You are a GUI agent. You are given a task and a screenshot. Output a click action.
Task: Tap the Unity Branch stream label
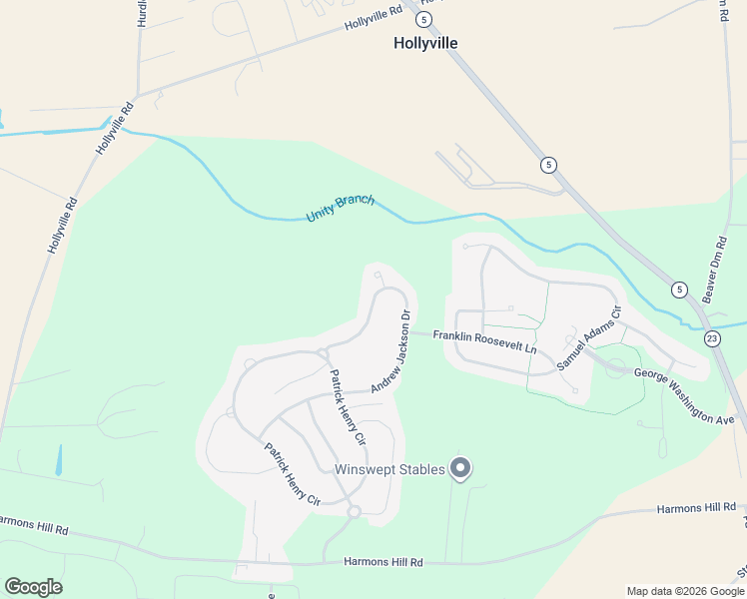click(341, 208)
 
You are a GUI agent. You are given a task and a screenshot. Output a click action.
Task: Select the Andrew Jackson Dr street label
click(390, 351)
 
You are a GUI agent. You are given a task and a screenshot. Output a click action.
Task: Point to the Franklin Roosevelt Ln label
click(484, 342)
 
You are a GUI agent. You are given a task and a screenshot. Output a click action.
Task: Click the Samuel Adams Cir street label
click(589, 338)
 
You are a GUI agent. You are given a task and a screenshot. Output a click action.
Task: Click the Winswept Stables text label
click(389, 470)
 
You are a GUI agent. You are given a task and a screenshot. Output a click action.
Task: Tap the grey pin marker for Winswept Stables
click(460, 467)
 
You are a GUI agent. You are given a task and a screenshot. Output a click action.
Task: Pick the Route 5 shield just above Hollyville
click(424, 19)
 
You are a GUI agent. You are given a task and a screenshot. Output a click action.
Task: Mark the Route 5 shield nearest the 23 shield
click(680, 290)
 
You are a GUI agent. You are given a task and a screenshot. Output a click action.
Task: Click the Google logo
click(33, 587)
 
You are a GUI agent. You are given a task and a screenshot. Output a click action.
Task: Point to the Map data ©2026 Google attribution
click(685, 591)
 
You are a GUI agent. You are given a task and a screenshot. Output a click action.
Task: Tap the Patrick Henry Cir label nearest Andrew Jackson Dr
click(347, 405)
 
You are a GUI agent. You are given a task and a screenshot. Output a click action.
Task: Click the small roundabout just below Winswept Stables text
click(354, 512)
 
